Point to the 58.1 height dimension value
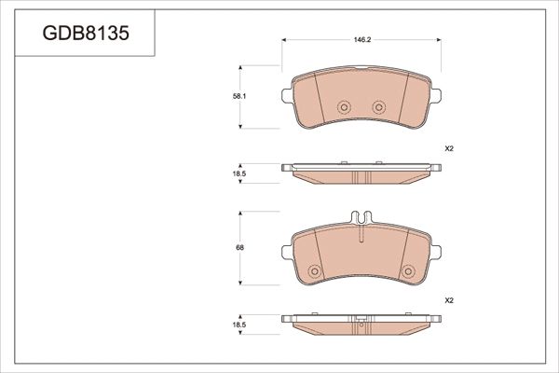coord(238,97)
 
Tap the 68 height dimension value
coord(239,247)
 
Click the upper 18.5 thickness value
coord(238,174)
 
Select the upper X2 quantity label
coord(448,149)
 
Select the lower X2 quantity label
coord(448,300)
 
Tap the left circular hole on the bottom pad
coord(314,272)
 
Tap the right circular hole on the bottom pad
coord(406,272)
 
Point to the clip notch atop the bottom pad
coord(360,218)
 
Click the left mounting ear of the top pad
coord(285,94)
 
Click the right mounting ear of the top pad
coord(435,94)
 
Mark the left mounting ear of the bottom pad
coord(285,249)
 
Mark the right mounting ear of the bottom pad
coord(435,249)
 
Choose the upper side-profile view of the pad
coord(360,173)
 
